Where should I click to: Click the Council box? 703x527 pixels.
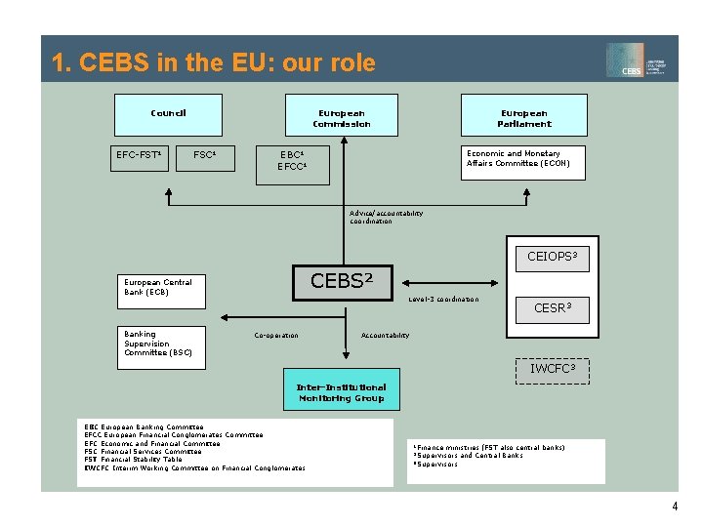pyautogui.click(x=168, y=114)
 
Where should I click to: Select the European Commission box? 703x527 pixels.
pyautogui.click(x=341, y=114)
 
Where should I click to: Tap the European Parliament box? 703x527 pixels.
pyautogui.click(x=524, y=114)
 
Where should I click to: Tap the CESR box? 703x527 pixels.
pyautogui.click(x=553, y=307)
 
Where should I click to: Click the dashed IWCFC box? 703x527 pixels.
pyautogui.click(x=553, y=370)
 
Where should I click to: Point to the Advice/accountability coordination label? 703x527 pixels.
pyautogui.click(x=387, y=217)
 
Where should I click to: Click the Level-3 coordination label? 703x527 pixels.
pyautogui.click(x=443, y=300)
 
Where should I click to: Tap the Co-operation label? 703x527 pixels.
pyautogui.click(x=276, y=336)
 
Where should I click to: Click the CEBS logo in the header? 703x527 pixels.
pyautogui.click(x=639, y=61)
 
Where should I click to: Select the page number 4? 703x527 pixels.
pyautogui.click(x=674, y=506)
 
